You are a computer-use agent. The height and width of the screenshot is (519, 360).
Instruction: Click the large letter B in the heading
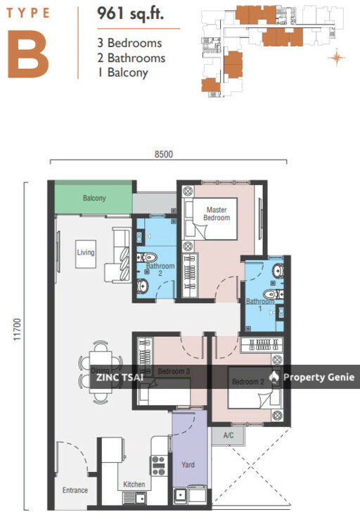(x=28, y=54)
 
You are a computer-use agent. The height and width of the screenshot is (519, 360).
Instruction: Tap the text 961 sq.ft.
(x=130, y=14)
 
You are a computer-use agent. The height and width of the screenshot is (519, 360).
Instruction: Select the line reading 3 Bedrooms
(x=129, y=43)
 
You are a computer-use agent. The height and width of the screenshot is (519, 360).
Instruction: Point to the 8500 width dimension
(x=164, y=154)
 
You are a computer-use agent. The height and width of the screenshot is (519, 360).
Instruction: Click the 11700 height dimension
(x=17, y=329)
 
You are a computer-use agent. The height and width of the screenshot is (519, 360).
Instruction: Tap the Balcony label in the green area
(x=94, y=198)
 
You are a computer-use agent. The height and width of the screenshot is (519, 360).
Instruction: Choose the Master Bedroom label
(x=217, y=214)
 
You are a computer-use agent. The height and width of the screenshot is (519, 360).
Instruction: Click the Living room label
(x=86, y=252)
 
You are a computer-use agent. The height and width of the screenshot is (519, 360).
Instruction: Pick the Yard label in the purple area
(x=188, y=465)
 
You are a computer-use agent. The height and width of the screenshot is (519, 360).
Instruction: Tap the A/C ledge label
(x=229, y=435)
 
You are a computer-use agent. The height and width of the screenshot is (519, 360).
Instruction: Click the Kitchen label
(x=134, y=485)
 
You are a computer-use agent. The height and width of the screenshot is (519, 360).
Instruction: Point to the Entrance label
(x=75, y=490)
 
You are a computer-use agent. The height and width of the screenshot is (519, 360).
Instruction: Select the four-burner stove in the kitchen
(x=158, y=466)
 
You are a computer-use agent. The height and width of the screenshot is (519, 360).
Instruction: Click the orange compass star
(x=337, y=58)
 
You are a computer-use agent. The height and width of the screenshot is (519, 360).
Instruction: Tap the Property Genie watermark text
(x=319, y=378)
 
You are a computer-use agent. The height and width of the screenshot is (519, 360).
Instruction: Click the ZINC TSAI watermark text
(x=120, y=378)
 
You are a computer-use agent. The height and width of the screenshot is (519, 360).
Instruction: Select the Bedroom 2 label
(x=248, y=382)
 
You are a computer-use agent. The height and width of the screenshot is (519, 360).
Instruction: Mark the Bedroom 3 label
(x=174, y=371)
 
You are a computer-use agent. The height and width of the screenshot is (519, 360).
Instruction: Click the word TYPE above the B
(x=28, y=13)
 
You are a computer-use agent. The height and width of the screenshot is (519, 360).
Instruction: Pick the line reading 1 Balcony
(x=123, y=73)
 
